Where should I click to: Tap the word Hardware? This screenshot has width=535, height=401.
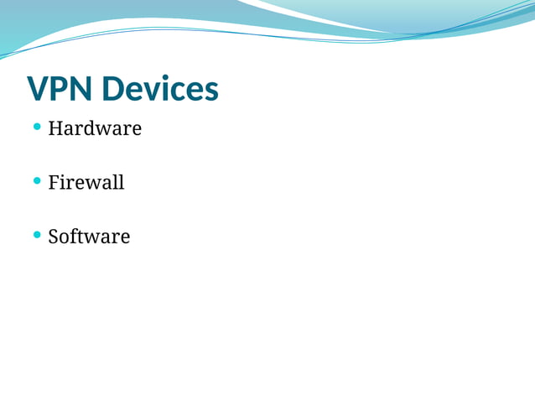coord(95,128)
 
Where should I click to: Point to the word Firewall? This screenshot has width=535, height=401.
coord(86,182)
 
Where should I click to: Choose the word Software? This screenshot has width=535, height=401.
coord(89,236)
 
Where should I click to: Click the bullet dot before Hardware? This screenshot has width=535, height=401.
coord(37,127)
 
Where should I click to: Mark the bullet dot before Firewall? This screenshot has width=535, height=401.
coord(37,180)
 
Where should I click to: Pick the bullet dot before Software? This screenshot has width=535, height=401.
coord(37,234)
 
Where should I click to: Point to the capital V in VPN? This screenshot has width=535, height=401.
coord(38,88)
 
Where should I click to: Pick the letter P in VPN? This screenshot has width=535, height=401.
coord(60,88)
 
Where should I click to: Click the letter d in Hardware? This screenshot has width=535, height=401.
coord(89,128)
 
